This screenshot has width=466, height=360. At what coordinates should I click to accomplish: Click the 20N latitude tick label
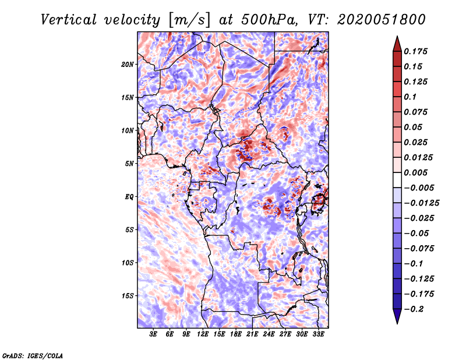point(128,64)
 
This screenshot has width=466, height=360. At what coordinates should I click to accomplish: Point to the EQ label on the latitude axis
point(129,197)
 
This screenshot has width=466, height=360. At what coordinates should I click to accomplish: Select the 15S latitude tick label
point(128,296)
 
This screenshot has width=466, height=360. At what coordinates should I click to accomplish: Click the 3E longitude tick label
point(154,334)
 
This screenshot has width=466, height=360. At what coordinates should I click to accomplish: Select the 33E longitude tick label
point(319,334)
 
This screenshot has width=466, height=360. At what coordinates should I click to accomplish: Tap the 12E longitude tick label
point(203,334)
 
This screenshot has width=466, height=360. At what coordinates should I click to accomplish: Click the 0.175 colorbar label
point(416,51)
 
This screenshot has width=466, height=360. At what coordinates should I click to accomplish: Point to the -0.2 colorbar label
point(415,309)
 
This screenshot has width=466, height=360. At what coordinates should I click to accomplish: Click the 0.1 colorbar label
point(410,97)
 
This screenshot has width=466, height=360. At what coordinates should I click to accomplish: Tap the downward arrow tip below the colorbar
point(397,322)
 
